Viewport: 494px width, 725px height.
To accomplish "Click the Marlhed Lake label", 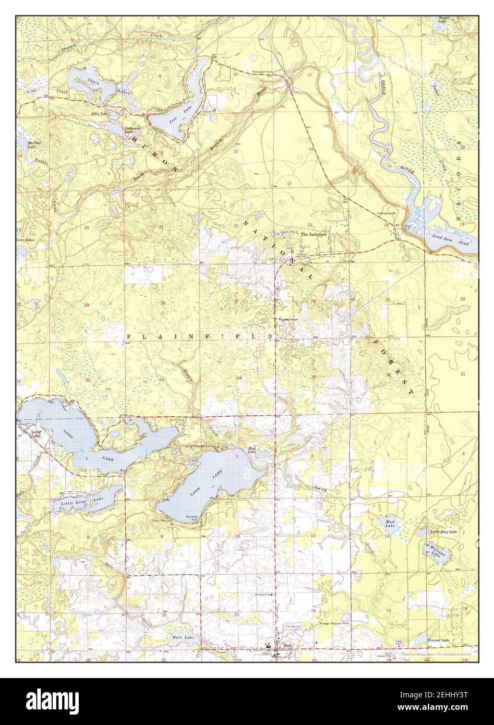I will click(35, 144).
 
